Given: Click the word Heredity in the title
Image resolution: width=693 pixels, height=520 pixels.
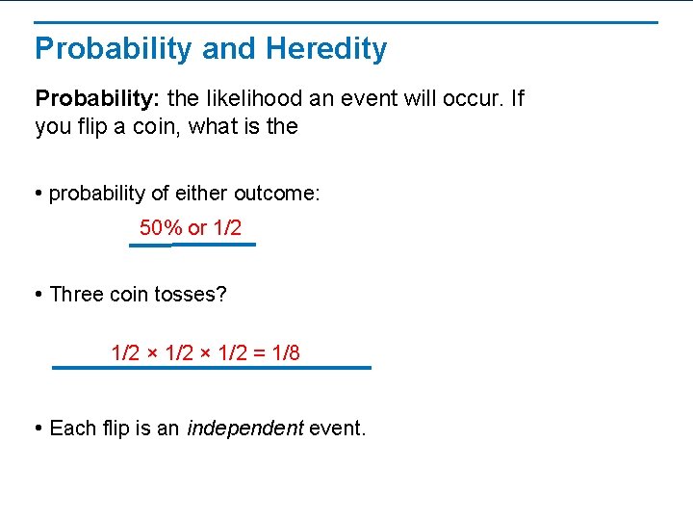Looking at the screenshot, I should click(x=326, y=49).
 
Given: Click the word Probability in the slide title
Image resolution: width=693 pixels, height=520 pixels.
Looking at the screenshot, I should click(x=113, y=49).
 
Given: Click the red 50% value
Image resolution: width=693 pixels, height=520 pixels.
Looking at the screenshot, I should click(x=161, y=228).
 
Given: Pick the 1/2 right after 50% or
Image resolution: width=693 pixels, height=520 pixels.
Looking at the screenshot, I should click(x=227, y=228).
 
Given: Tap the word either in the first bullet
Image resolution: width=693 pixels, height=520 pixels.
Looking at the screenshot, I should click(x=203, y=194).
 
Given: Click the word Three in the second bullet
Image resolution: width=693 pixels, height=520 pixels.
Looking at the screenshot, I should click(x=76, y=295).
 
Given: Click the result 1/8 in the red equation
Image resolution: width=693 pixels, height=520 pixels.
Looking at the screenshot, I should click(x=286, y=353).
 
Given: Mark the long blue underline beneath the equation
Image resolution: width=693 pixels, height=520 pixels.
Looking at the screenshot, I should click(x=212, y=367).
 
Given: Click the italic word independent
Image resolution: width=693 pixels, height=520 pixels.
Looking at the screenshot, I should click(x=244, y=429).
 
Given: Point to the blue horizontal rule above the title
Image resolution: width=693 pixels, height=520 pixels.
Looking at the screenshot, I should click(x=346, y=22).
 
